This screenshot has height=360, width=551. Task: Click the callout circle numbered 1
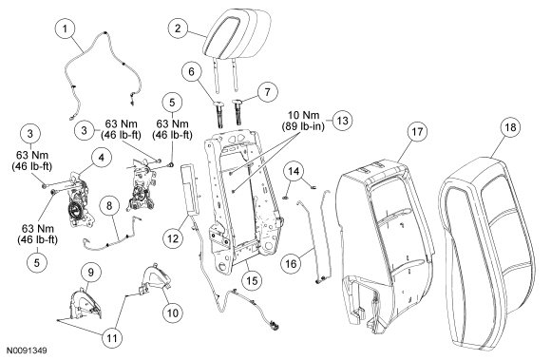[x=65, y=28]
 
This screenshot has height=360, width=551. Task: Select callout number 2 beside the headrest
[x=178, y=28]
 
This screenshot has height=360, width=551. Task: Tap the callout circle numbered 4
[x=102, y=158]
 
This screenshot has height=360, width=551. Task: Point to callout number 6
[x=192, y=72]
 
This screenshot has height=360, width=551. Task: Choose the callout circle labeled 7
[x=267, y=92]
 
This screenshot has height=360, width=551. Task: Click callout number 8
[x=109, y=206]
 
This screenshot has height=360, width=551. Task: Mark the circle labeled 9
[x=91, y=273]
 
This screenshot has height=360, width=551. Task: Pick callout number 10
[x=173, y=313]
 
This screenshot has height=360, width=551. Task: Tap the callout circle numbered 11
[x=112, y=338]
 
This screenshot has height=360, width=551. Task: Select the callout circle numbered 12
[x=173, y=238]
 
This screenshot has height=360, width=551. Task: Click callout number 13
[x=342, y=121]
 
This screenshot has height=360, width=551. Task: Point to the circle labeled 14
[x=294, y=171]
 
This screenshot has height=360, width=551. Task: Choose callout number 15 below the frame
[x=253, y=280]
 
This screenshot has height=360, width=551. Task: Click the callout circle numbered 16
[x=292, y=263]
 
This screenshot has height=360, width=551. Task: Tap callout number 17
[x=417, y=132]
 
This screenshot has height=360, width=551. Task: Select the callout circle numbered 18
[x=510, y=127]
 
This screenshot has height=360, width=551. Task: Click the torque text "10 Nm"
[x=304, y=115]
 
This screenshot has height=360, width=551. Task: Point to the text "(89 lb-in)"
[x=303, y=126]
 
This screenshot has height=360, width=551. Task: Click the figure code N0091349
[x=27, y=351]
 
